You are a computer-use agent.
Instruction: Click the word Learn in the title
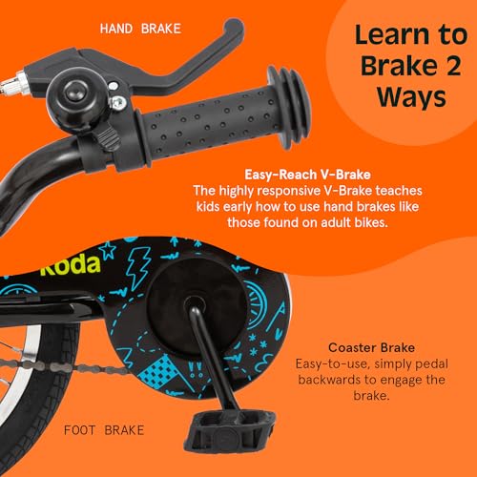pyautogui.click(x=388, y=36)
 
